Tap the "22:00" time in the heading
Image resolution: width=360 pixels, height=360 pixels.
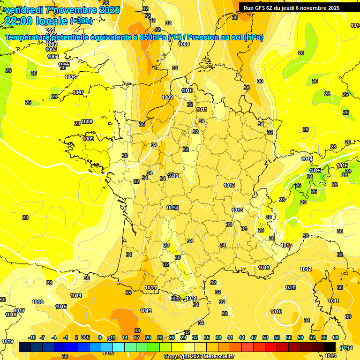point(19,21)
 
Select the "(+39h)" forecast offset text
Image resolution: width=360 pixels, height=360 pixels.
point(81,21)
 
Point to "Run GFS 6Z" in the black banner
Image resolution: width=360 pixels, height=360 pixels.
point(258,7)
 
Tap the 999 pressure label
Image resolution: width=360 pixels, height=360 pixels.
point(50,30)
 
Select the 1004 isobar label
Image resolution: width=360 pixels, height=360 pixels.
point(53,57)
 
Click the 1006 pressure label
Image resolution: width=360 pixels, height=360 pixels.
point(70,77)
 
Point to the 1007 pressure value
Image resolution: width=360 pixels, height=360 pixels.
point(78,92)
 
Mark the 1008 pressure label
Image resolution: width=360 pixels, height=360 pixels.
point(87,121)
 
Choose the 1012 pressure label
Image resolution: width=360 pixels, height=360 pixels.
point(306,269)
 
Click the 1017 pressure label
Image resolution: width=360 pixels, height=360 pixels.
point(19,311)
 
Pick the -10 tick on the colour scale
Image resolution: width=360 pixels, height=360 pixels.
point(32,337)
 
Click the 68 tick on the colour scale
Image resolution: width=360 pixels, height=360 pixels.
point(336,337)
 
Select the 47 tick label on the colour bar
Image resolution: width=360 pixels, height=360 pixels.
point(254,337)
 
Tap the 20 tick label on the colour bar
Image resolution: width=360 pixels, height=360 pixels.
point(148,337)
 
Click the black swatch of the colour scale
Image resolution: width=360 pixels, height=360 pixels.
point(330,347)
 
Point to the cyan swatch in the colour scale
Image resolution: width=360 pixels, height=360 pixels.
point(118,347)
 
